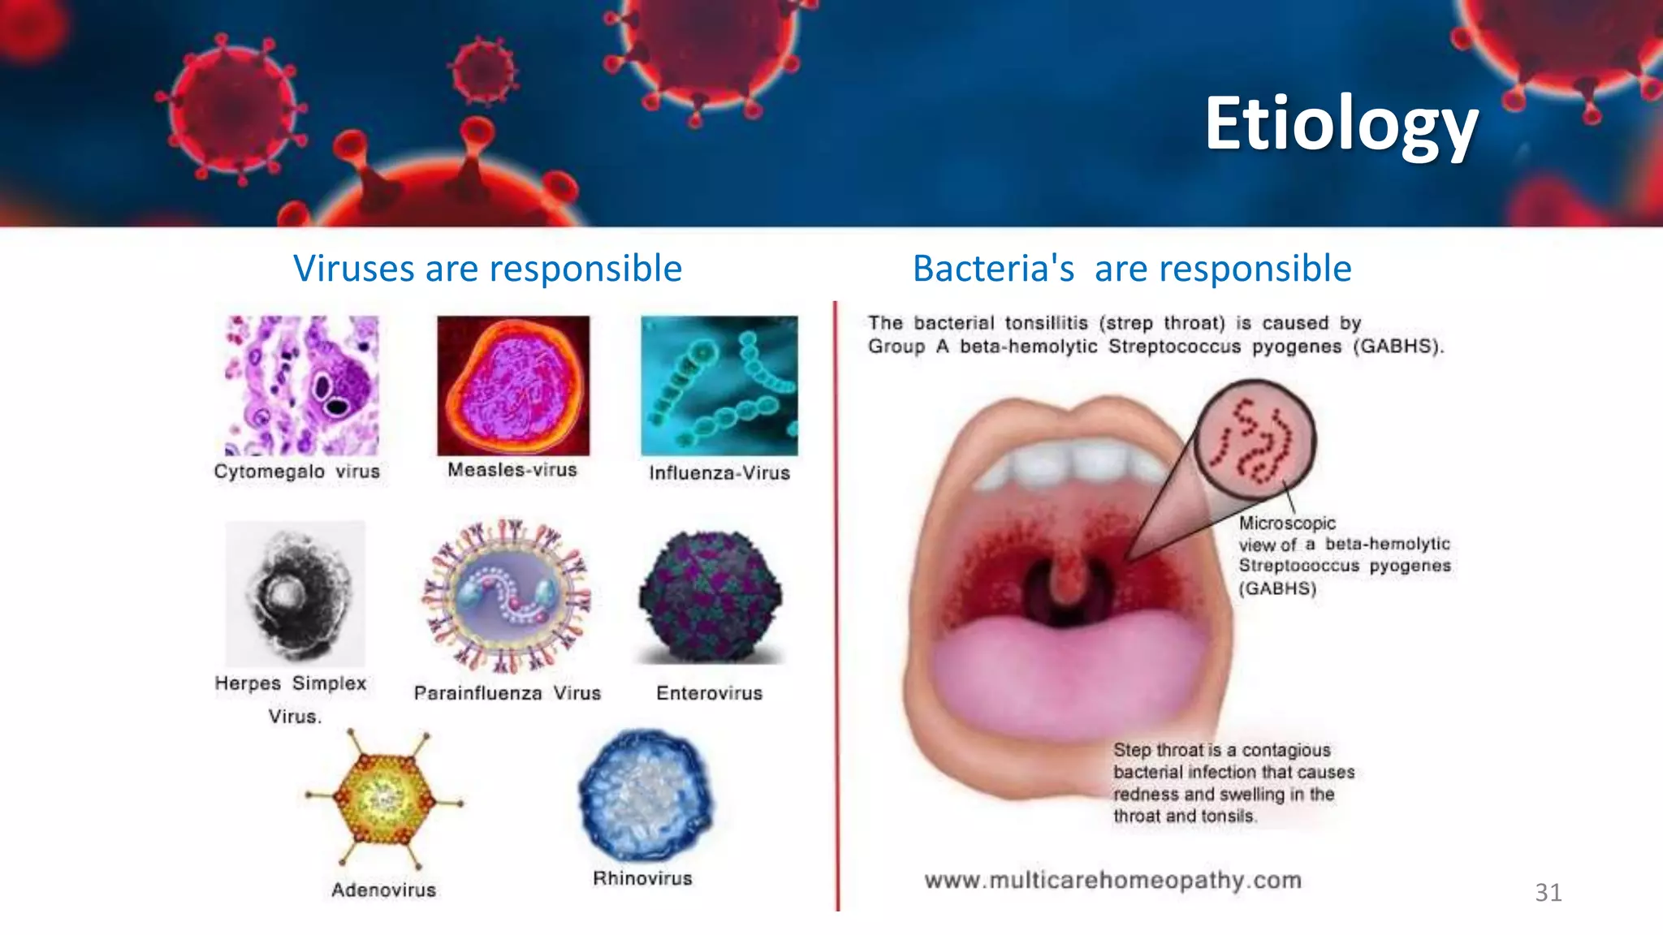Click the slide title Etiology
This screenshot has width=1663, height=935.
pyautogui.click(x=1341, y=124)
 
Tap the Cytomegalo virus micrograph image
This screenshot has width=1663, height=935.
pyautogui.click(x=301, y=386)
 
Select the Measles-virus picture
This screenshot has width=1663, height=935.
pyautogui.click(x=513, y=386)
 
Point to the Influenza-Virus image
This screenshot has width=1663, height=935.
pyautogui.click(x=719, y=386)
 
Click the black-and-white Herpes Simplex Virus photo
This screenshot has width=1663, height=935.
pyautogui.click(x=296, y=593)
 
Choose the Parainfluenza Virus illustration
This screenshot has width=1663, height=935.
pyautogui.click(x=507, y=597)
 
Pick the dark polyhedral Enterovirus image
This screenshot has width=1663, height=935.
pyautogui.click(x=711, y=597)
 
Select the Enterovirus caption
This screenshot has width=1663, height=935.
pyautogui.click(x=709, y=693)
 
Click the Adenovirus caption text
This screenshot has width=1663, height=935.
pyautogui.click(x=383, y=890)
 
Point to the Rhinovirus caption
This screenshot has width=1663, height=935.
pyautogui.click(x=642, y=878)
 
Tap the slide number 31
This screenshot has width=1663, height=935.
pyautogui.click(x=1548, y=893)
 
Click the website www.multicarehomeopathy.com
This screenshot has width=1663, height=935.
pyautogui.click(x=1112, y=881)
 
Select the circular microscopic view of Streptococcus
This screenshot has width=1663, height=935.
pyautogui.click(x=1255, y=437)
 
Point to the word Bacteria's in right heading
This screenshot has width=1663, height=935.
pyautogui.click(x=993, y=269)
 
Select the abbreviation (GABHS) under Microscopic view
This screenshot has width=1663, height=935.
pyautogui.click(x=1277, y=588)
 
